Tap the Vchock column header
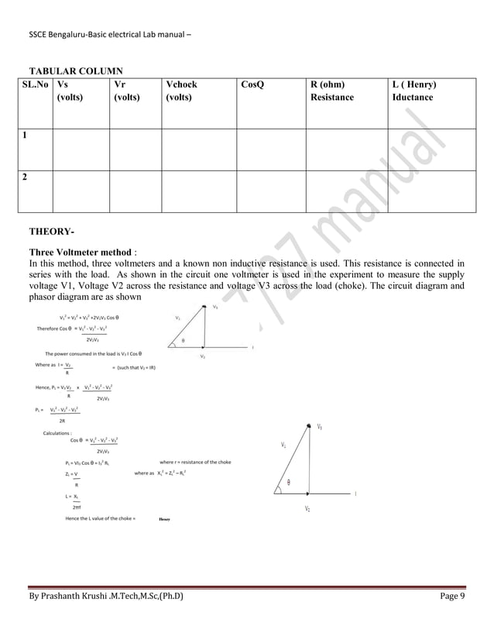181,84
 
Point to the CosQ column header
252,84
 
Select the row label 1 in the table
26,135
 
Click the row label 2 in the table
26,177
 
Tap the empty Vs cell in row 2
81,190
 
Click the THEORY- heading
51,231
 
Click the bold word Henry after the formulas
163,518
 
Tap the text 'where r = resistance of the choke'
194,463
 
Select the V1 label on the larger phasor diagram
320,427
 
